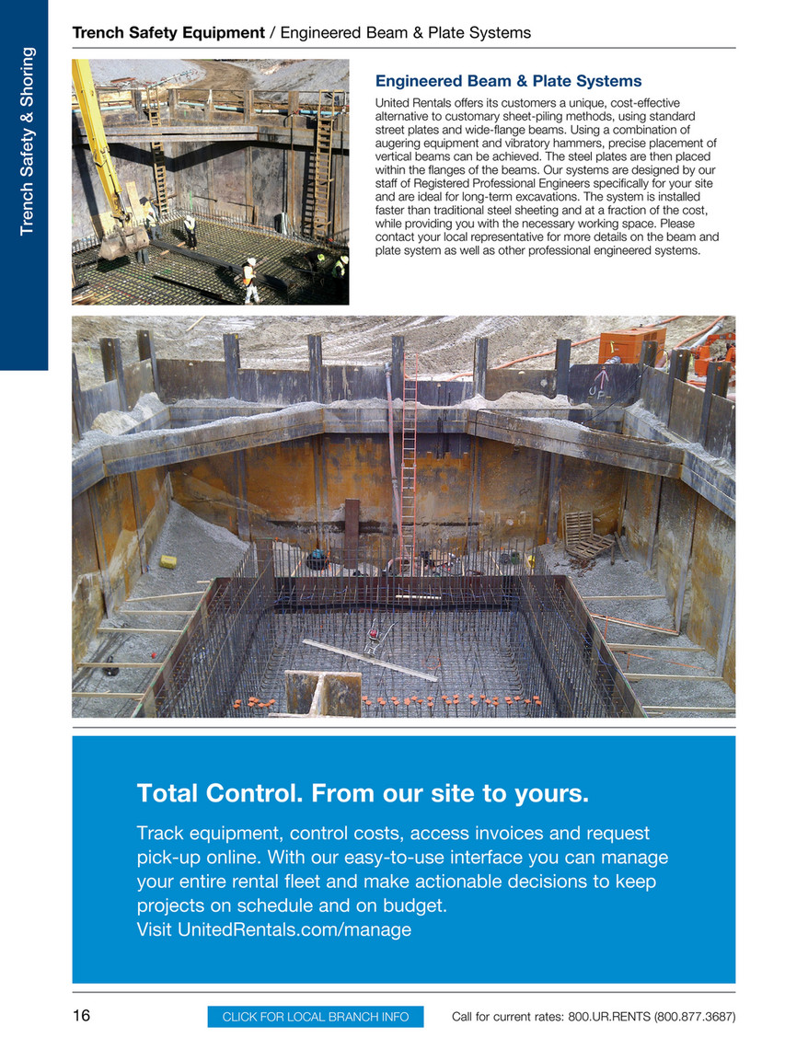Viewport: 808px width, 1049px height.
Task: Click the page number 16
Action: coord(82,1016)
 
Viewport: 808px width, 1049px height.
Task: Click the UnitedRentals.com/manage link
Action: coord(273,930)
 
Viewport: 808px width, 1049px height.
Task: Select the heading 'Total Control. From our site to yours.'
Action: coord(362,792)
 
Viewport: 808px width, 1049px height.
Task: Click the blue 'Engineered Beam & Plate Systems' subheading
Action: coord(508,81)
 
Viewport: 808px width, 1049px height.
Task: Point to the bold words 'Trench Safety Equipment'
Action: coord(168,33)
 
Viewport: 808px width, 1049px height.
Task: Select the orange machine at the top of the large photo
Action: coord(631,344)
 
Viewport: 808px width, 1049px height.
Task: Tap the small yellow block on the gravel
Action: coord(167,560)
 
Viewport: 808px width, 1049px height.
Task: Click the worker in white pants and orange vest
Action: coord(248,280)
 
